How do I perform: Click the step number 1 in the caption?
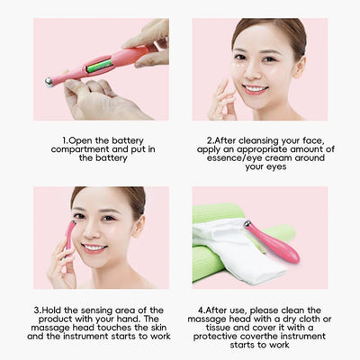(65, 140)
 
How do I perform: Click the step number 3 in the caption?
(37, 310)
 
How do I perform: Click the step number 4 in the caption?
(199, 310)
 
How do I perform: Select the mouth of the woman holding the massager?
(94, 247)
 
